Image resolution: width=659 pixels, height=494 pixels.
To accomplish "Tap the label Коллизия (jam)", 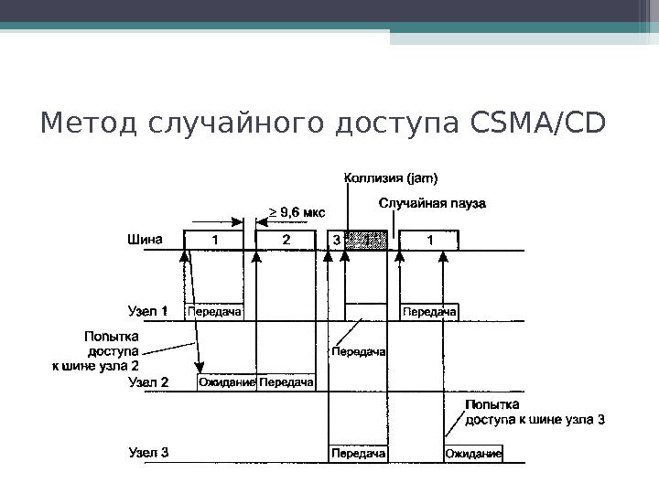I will [x=391, y=177].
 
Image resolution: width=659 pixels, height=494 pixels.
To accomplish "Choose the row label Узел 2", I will [x=147, y=382].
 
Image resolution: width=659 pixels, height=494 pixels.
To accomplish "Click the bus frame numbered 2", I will [x=286, y=241].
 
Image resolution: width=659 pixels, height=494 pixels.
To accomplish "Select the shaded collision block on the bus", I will [x=366, y=241].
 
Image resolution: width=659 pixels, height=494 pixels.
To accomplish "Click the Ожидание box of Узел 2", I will [x=226, y=382].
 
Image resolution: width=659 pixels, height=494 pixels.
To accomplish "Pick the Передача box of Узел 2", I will [x=286, y=382].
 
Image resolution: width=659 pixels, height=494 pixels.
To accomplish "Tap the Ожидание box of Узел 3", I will [x=473, y=453].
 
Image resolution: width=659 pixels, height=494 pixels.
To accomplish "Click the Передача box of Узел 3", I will [x=358, y=453].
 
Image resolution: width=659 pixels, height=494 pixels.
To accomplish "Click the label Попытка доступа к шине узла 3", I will [x=535, y=413].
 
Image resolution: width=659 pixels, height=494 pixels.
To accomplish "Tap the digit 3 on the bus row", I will [x=335, y=241].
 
